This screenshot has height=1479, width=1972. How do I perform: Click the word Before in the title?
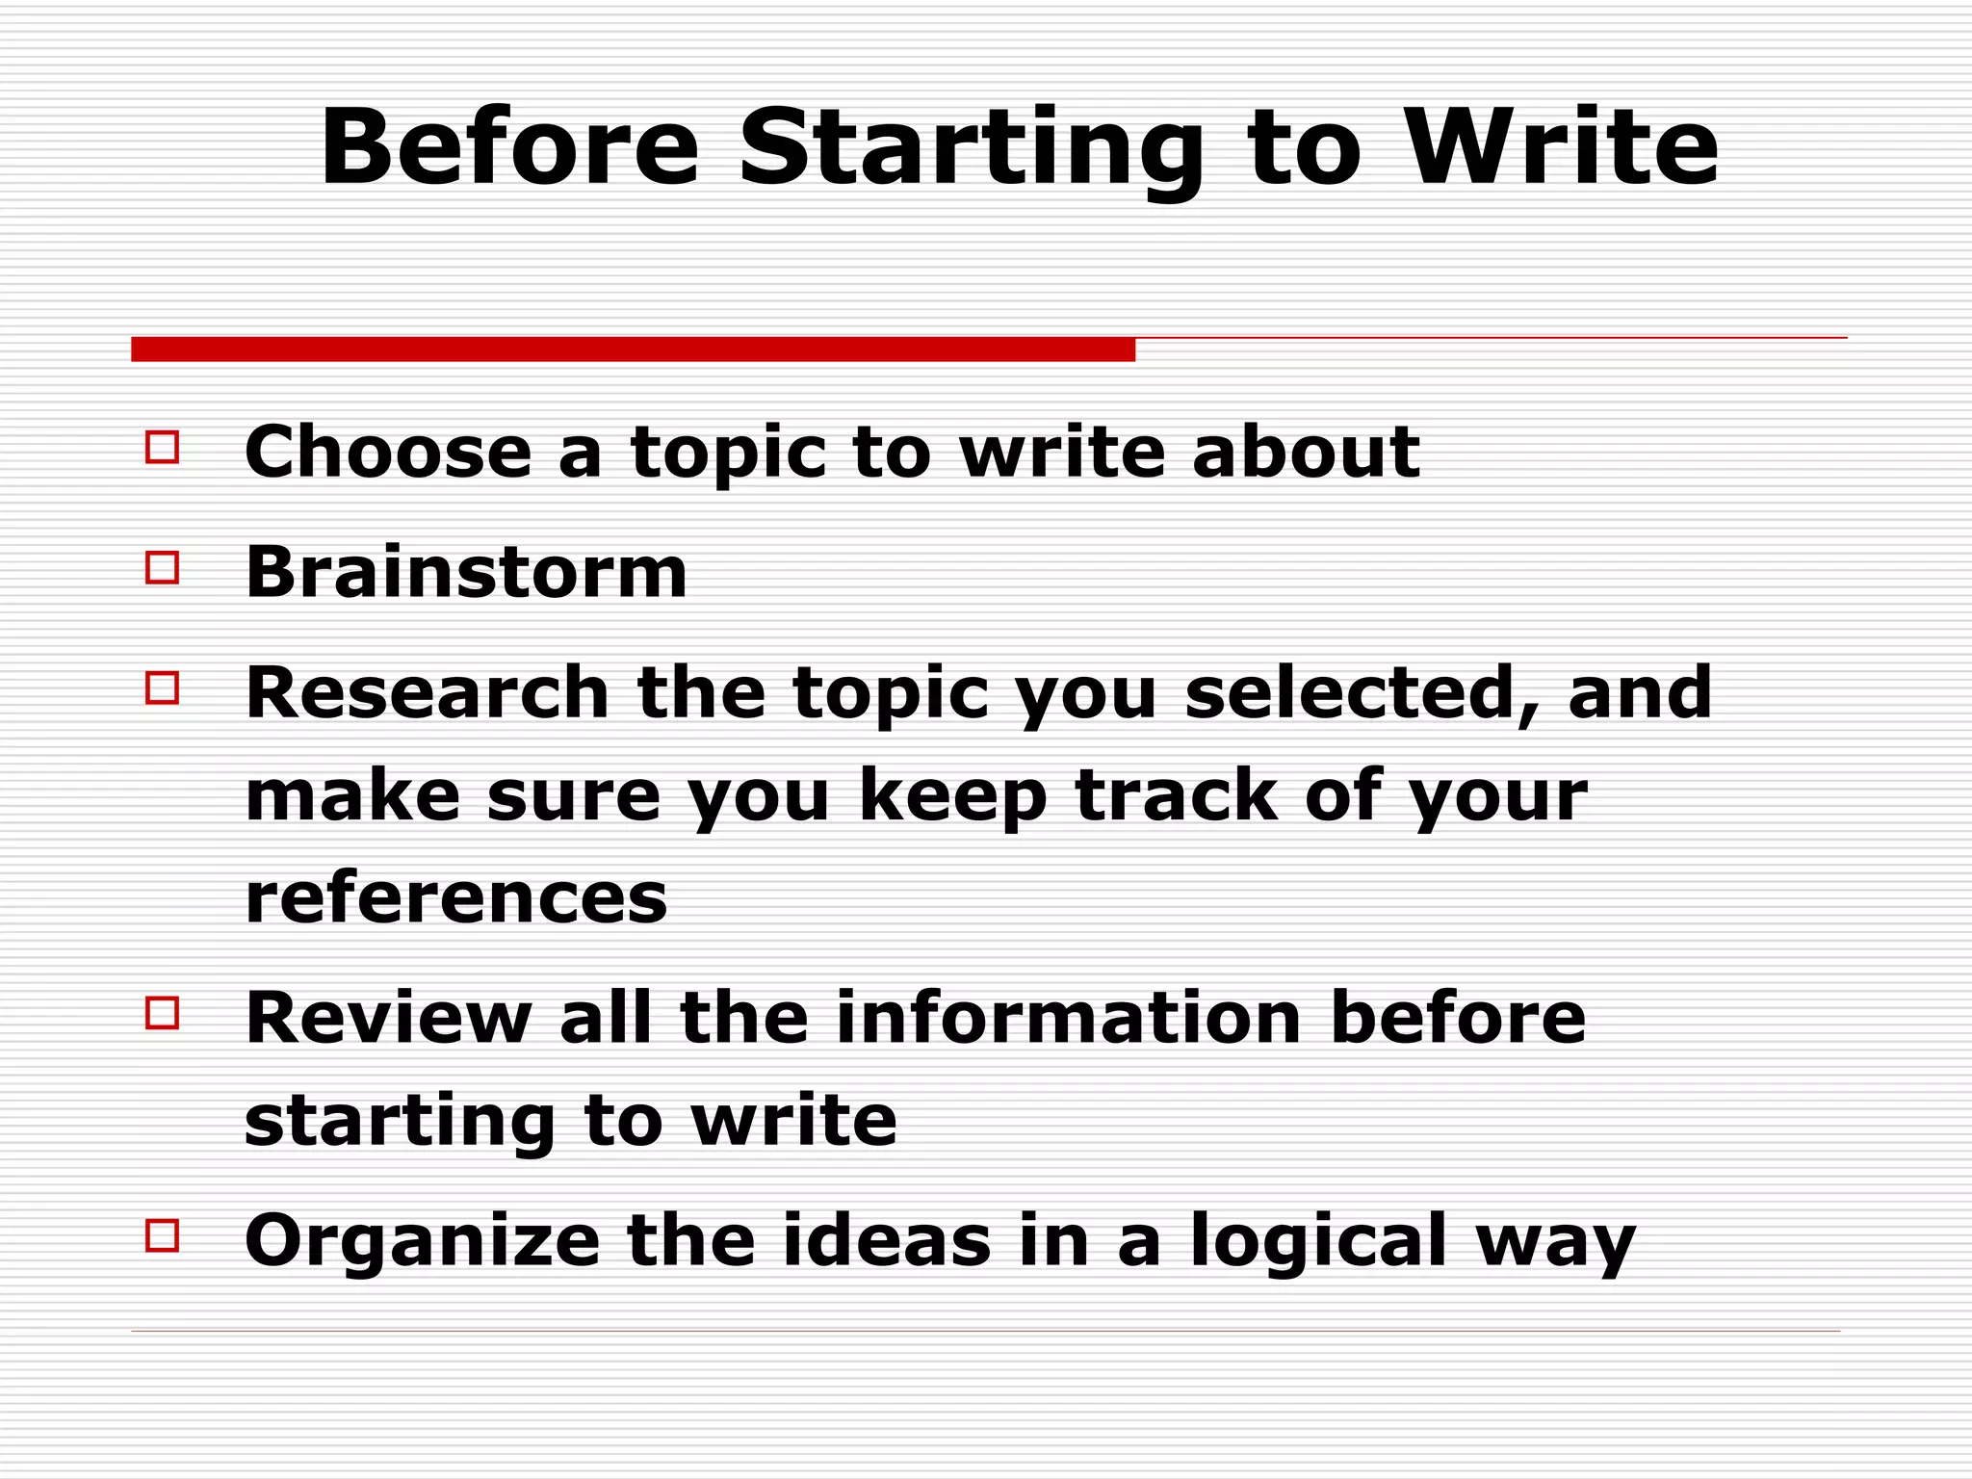coord(509,147)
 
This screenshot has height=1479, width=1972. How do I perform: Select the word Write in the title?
coord(1561,147)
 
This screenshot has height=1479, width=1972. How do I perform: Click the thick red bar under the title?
coord(633,350)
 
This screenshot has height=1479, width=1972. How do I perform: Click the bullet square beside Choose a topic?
coord(162,448)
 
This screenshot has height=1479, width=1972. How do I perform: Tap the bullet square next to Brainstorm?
coord(162,568)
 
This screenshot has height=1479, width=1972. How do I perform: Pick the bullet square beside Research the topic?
coord(162,688)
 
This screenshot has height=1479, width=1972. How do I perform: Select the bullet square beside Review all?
coord(162,1013)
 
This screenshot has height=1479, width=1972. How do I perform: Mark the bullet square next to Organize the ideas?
coord(162,1235)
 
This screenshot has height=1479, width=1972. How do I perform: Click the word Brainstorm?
coord(466,572)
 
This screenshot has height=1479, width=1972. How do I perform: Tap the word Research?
coord(428,692)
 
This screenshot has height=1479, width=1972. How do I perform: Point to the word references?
coord(455,898)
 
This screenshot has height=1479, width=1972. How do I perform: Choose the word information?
coord(1069,1018)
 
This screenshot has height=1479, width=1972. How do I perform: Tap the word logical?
coord(1318,1242)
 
